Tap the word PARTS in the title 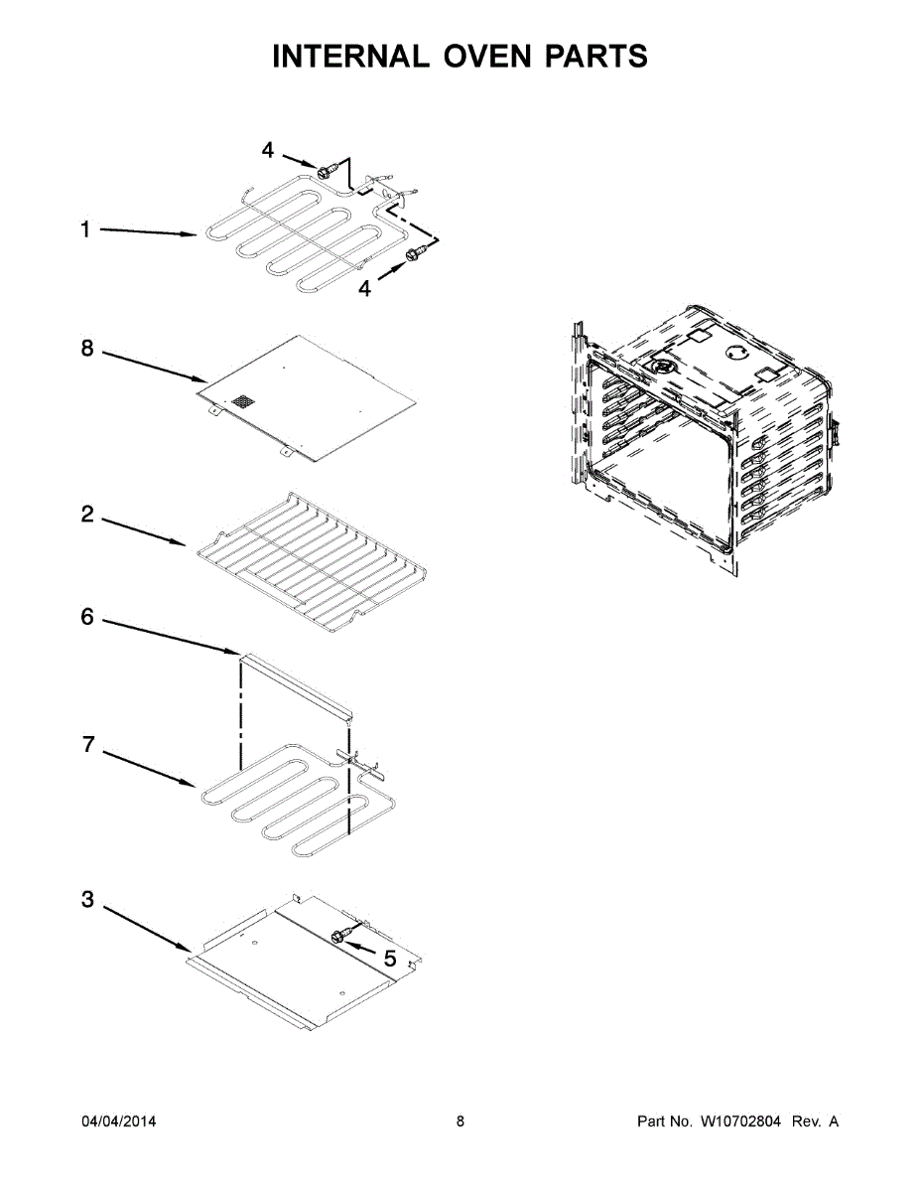[x=595, y=57]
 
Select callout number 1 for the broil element [x=85, y=229]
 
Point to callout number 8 [x=86, y=349]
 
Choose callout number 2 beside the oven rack [x=87, y=515]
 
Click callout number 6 [x=87, y=618]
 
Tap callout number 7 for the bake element [x=87, y=744]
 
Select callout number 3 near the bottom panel [x=87, y=900]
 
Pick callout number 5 [x=389, y=959]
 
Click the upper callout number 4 [x=267, y=150]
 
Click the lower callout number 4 [x=364, y=288]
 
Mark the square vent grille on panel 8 [x=242, y=402]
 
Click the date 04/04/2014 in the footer [x=118, y=1121]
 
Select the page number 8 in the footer [x=460, y=1121]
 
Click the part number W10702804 [x=740, y=1121]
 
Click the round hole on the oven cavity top [x=735, y=351]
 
